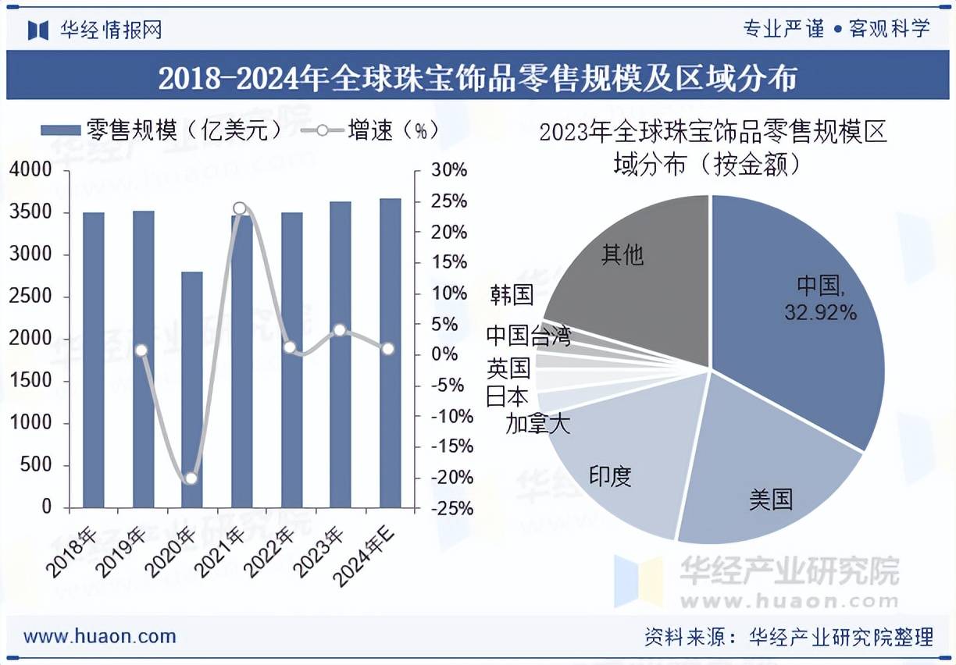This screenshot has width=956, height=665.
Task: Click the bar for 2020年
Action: pyautogui.click(x=191, y=390)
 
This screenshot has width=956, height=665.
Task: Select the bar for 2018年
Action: pyautogui.click(x=93, y=359)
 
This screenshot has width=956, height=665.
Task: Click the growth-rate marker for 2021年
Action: pyautogui.click(x=240, y=208)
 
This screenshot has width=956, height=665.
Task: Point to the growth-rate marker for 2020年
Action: pyautogui.click(x=191, y=478)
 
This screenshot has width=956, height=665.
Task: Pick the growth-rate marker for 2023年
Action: pyautogui.click(x=340, y=330)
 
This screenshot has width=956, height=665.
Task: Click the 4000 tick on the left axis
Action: pyautogui.click(x=31, y=170)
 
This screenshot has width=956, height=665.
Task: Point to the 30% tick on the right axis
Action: pyautogui.click(x=449, y=170)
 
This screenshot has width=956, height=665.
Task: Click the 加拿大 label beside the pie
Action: pyautogui.click(x=537, y=424)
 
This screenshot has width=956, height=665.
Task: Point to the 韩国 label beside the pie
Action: pyautogui.click(x=512, y=294)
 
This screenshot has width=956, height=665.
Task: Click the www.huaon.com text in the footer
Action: pyautogui.click(x=100, y=636)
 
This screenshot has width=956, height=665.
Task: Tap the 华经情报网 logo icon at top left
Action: pyautogui.click(x=38, y=30)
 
